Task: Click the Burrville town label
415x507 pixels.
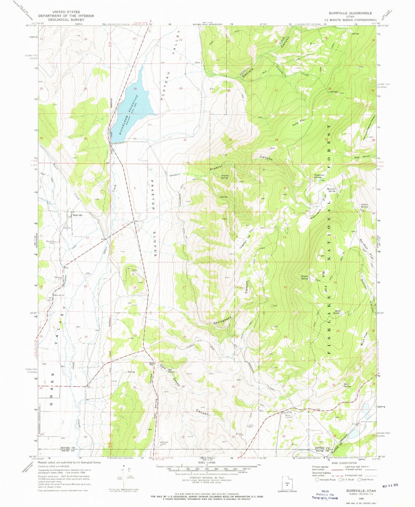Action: (77, 215)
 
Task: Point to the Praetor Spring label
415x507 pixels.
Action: (224, 177)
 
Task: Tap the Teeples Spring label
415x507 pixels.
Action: (304, 278)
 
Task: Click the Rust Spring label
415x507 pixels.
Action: (336, 312)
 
